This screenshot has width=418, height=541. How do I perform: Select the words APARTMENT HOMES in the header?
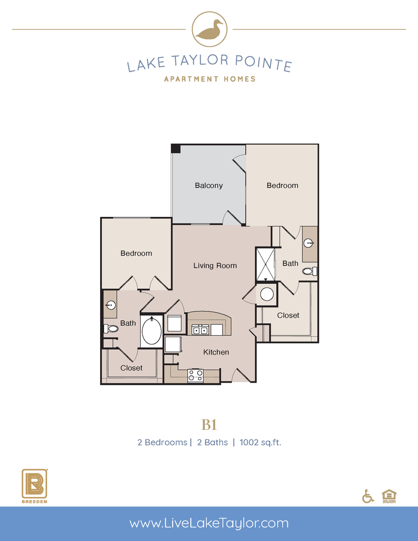point(209,79)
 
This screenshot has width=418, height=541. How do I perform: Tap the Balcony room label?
point(209,185)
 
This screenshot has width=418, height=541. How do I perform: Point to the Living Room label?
point(215,265)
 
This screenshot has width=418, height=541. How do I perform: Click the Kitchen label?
point(216,352)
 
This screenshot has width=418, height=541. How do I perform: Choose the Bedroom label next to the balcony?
point(282,185)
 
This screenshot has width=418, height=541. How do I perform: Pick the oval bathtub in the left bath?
point(152,331)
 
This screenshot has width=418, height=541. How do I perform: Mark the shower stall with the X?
point(266,264)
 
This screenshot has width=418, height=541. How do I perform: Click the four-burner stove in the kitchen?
point(195,376)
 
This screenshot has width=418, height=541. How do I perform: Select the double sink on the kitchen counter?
point(200,330)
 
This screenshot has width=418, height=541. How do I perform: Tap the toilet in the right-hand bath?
point(308,271)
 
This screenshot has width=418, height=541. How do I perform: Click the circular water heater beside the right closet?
point(267,294)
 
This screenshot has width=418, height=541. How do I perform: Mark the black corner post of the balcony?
point(175,148)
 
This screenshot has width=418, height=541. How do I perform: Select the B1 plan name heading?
point(209,425)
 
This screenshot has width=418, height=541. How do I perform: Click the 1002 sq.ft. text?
point(260,442)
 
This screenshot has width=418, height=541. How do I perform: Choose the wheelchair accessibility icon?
point(368,496)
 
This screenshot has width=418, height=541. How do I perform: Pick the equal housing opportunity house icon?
point(388,495)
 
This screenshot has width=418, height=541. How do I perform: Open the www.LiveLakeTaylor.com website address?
point(209,523)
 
